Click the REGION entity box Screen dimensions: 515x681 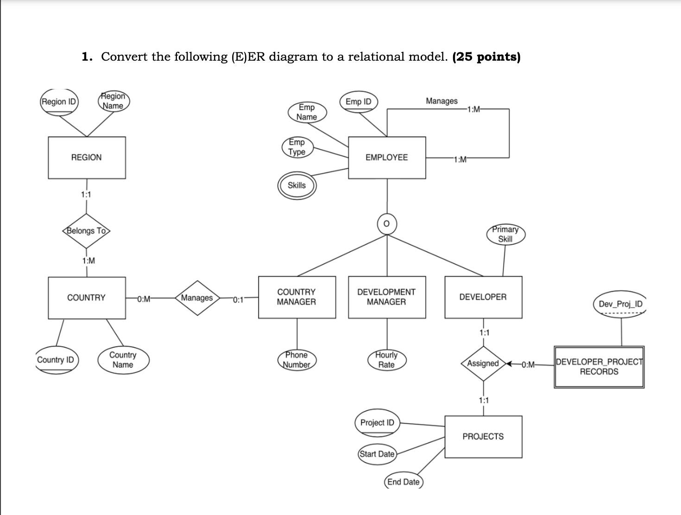coord(87,157)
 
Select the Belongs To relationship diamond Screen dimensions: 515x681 coord(86,231)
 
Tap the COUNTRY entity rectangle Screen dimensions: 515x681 coord(87,298)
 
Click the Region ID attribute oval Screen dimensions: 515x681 coord(59,102)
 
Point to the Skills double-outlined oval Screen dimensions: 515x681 coord(296,185)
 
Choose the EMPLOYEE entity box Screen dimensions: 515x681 coord(387,157)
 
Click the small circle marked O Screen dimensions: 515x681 coord(387,223)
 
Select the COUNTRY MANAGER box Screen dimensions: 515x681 coord(296,297)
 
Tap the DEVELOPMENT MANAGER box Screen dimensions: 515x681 coord(387,297)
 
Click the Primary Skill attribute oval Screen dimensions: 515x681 coord(505,234)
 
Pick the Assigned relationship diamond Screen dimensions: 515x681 coord(483,364)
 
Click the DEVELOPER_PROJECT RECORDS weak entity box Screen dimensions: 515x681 coord(599,367)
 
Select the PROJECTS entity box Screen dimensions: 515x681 coord(483,437)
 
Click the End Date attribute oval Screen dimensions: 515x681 coord(404,482)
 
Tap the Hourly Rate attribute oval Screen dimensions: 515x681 coord(386,360)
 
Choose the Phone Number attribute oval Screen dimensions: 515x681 coord(296,360)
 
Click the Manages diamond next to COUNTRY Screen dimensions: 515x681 coord(197,298)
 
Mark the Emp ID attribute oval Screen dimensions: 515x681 coord(359,102)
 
